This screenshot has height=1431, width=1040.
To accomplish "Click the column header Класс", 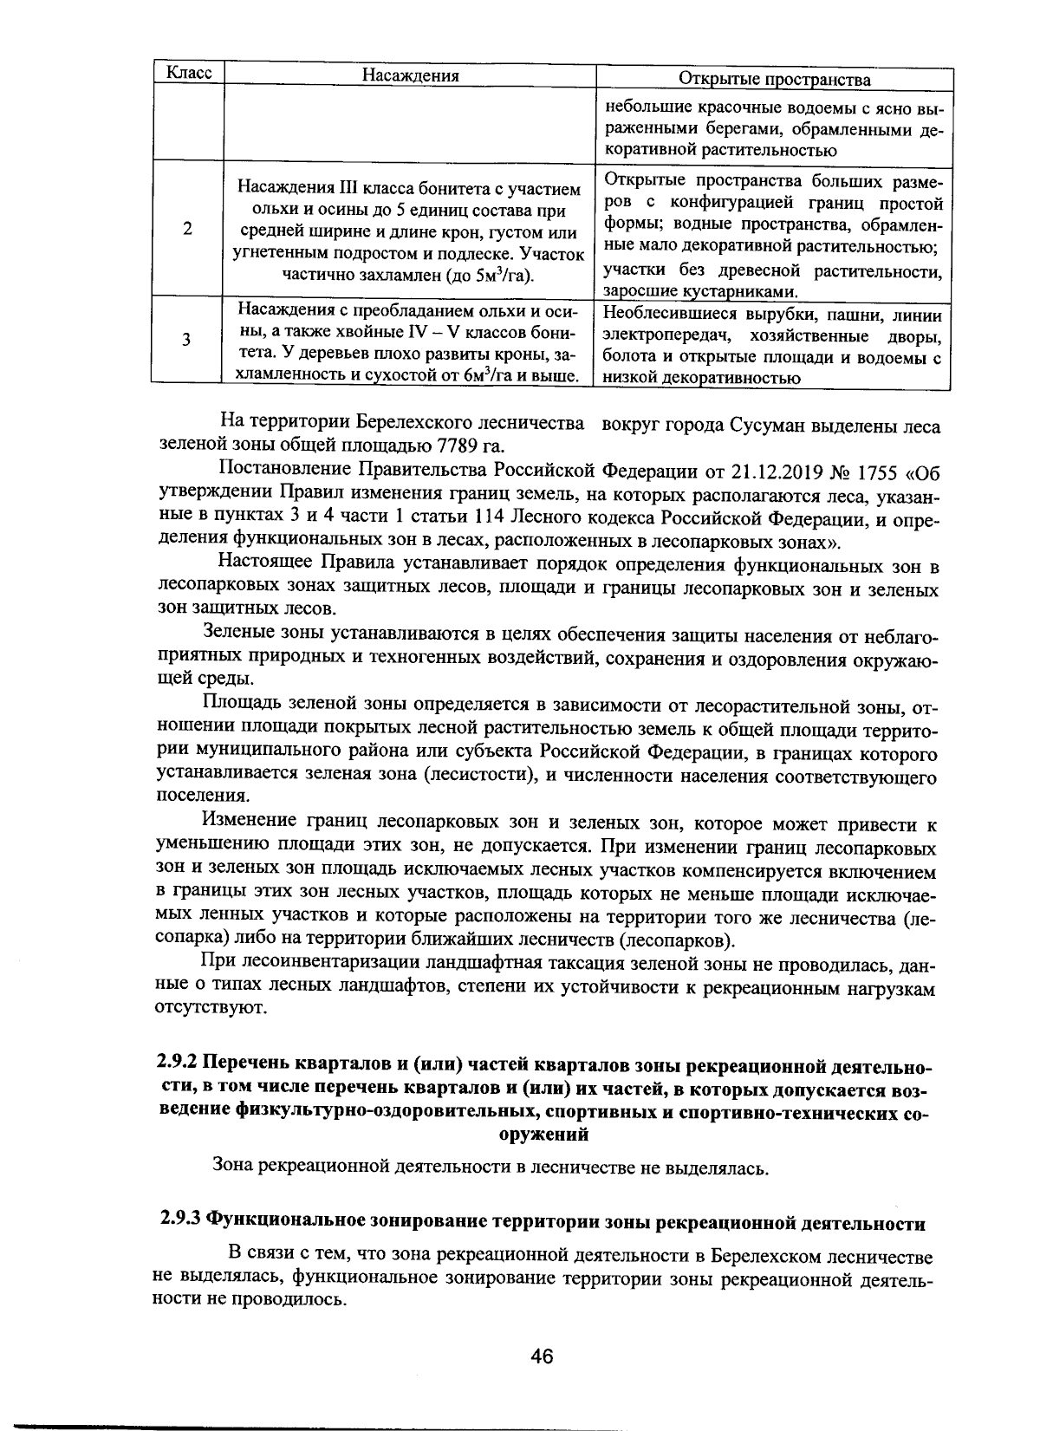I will pos(188,74).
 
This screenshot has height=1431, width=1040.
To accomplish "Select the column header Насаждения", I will pos(409,75).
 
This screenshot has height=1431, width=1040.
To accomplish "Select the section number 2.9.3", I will pos(180,1223).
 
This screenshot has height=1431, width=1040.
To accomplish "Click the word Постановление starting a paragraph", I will pos(276,471).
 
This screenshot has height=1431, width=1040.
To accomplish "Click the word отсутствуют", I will pos(198,1008).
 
